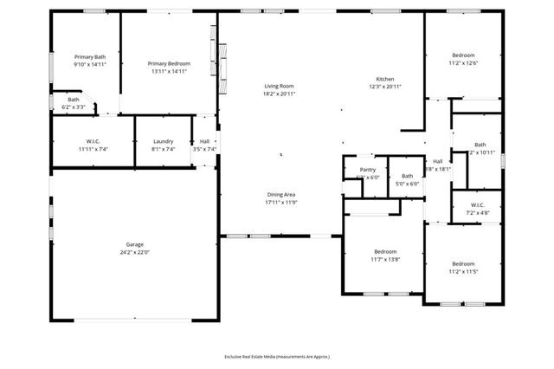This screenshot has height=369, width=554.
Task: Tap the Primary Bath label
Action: [x=89, y=56]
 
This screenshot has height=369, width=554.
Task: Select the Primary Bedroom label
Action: [x=169, y=63]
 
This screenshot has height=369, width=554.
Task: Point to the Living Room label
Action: [x=280, y=86]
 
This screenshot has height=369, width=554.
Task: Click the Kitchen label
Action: [x=373, y=78]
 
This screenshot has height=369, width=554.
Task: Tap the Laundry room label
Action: [x=164, y=141]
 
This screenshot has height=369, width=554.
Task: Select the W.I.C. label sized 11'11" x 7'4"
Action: [x=94, y=141]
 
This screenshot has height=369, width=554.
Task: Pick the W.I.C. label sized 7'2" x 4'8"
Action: [x=478, y=204]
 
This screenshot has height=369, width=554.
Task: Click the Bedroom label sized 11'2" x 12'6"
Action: [x=463, y=55]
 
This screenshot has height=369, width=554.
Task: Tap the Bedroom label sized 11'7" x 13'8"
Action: [x=384, y=251]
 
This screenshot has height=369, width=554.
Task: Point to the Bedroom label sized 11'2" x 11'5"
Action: [x=463, y=263]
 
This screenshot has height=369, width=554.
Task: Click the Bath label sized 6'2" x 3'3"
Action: [x=74, y=100]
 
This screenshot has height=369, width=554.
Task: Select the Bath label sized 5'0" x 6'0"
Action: [x=407, y=176]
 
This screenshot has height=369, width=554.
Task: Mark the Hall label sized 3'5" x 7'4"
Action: [x=204, y=141]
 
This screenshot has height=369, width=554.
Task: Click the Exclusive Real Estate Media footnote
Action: [x=277, y=356]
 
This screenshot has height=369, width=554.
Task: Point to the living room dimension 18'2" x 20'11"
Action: [x=280, y=94]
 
